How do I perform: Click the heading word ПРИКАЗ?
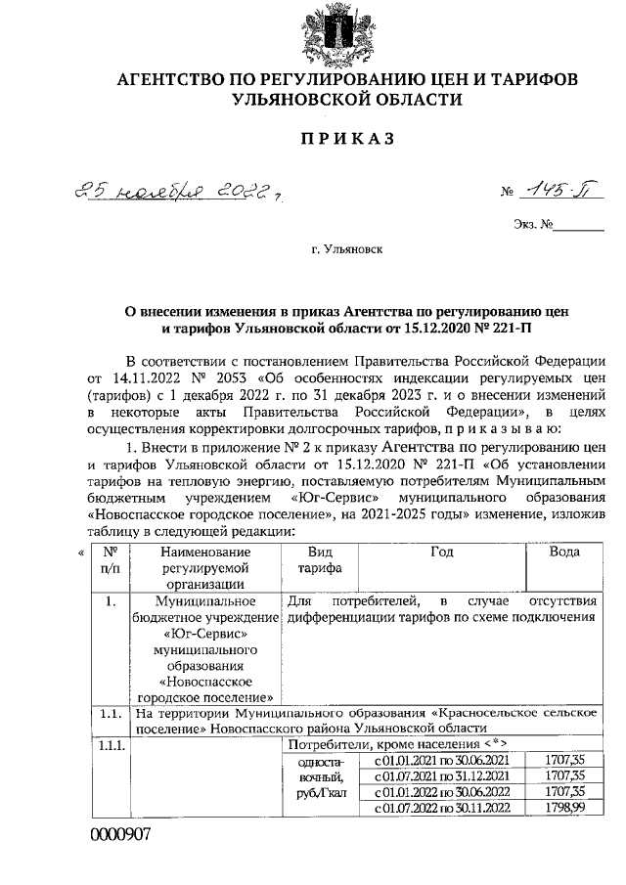click(346, 140)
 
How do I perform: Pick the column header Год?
click(441, 552)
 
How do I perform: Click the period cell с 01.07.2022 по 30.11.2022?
click(442, 807)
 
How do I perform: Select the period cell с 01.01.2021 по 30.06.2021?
click(442, 759)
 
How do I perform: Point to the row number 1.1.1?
click(111, 745)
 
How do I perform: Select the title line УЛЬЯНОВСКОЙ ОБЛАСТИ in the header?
click(346, 99)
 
